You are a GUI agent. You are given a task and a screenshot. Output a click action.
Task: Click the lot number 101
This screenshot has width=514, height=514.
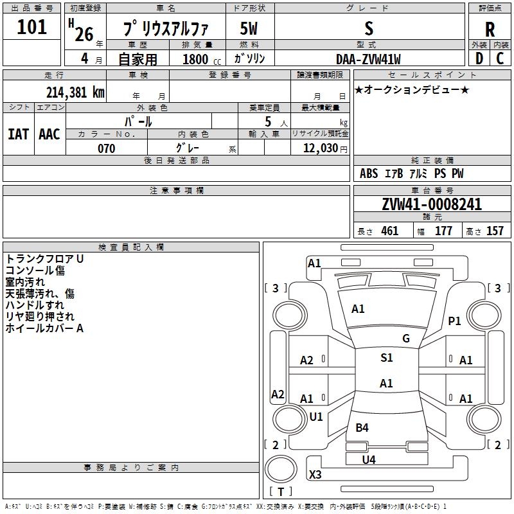tap(32, 28)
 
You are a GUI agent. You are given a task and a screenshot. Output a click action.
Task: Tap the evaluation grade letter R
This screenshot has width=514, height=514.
tap(490, 30)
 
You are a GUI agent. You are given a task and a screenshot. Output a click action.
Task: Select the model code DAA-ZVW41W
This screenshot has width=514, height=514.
tap(368, 59)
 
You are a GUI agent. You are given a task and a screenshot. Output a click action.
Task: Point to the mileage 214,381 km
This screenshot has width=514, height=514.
tap(75, 92)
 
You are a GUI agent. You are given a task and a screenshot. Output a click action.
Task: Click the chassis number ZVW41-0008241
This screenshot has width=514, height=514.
tap(432, 205)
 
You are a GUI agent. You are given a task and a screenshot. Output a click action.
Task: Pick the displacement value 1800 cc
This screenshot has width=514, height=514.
tap(200, 60)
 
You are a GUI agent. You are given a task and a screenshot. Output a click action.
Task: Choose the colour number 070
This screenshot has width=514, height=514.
tap(107, 148)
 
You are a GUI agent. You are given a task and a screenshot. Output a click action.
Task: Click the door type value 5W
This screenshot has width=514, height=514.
tap(249, 29)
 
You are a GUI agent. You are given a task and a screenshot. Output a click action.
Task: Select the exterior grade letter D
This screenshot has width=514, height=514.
tap(479, 59)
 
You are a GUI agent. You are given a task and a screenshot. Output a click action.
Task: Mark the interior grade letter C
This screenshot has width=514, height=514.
tap(500, 59)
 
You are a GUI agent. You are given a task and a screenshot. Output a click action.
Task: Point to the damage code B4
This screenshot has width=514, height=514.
tap(362, 428)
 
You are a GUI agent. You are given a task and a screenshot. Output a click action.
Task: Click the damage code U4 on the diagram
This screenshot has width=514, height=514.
tap(369, 459)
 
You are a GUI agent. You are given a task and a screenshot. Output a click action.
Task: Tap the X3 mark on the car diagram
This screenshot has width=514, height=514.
tap(315, 475)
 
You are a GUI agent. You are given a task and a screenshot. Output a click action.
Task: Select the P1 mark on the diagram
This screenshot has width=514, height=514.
tap(455, 321)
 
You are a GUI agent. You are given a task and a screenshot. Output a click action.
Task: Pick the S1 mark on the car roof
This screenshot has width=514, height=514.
tap(386, 358)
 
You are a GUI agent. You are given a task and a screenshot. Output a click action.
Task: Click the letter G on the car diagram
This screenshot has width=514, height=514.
tap(406, 339)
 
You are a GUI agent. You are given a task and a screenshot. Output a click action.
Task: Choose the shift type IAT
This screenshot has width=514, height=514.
tap(18, 134)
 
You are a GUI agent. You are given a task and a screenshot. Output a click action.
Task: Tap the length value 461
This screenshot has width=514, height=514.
tap(389, 231)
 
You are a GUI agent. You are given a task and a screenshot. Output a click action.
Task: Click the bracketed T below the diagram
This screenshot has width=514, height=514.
tap(281, 492)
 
